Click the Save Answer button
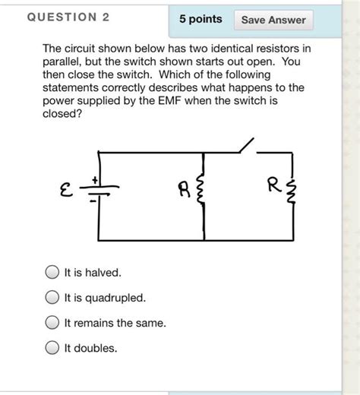click(273, 20)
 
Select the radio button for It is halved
click(52, 271)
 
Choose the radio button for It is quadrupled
click(52, 297)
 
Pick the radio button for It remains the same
click(52, 323)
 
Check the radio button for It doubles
click(52, 348)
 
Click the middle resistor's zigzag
click(202, 190)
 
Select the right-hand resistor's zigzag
click(294, 190)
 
